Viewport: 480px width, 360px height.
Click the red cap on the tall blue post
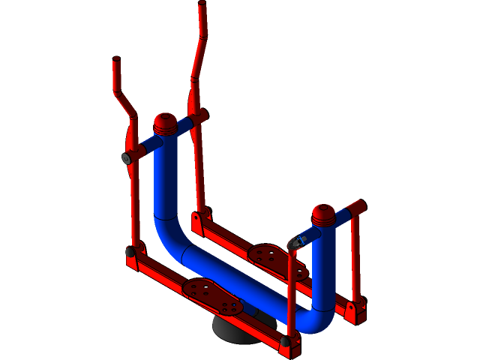coord(164,121)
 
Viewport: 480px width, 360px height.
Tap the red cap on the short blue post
coord(324,214)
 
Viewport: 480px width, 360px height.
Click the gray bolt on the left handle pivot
coord(127,157)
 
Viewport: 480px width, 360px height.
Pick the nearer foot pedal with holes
coord(212,295)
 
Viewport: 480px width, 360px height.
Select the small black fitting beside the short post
coord(295,242)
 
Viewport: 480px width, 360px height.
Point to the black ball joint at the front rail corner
coord(285,341)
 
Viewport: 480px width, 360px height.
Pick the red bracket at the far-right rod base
coord(355,309)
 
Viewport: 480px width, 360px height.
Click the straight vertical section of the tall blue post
coord(164,180)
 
